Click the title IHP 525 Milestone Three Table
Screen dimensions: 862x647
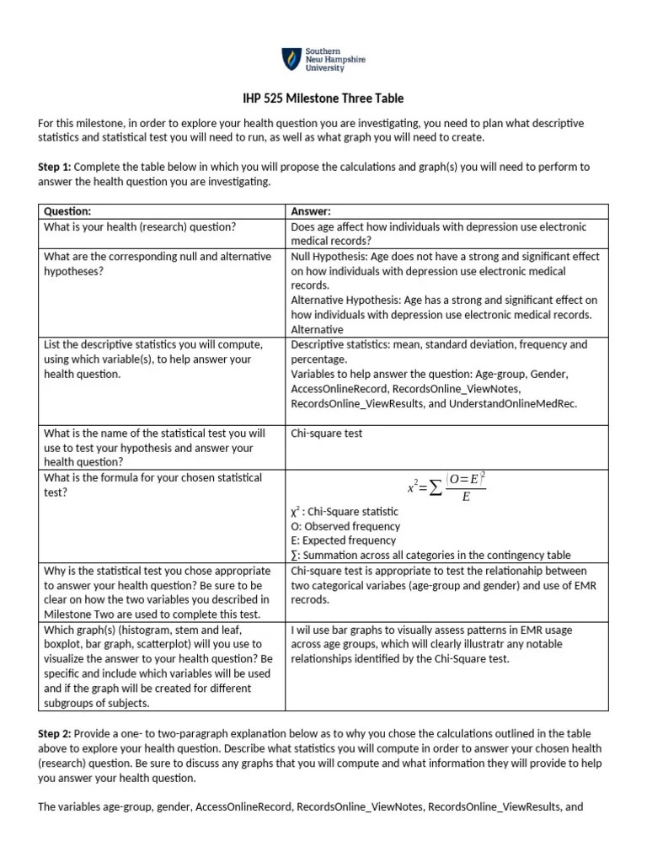tap(323, 98)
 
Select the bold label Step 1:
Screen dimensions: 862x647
tap(56, 168)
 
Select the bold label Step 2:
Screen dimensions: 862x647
tap(56, 735)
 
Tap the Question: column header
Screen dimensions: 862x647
tap(67, 211)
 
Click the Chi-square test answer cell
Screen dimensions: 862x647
tap(327, 434)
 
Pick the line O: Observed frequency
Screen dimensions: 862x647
tap(345, 526)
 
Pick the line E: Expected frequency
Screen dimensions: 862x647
tap(344, 540)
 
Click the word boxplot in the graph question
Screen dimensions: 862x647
tap(63, 644)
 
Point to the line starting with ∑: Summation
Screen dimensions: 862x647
tap(430, 555)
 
